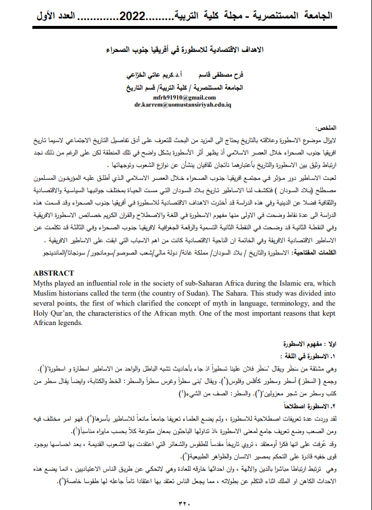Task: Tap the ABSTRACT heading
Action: pyautogui.click(x=54, y=273)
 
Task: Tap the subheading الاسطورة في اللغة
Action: pyautogui.click(x=331, y=356)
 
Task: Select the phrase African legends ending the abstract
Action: pyautogui.click(x=58, y=323)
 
